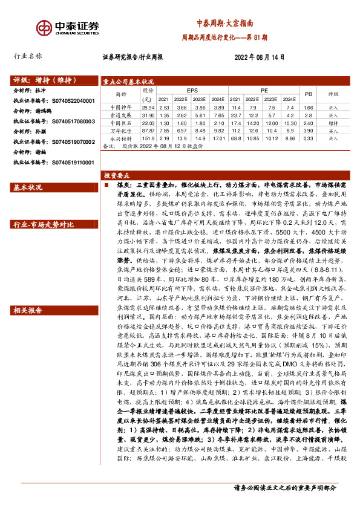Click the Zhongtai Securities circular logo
pyautogui.click(x=43, y=28)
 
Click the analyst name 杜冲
pyautogui.click(x=49, y=90)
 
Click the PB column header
pyautogui.click(x=308, y=94)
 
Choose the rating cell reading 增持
pyautogui.click(x=333, y=122)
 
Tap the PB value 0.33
pyautogui.click(x=308, y=138)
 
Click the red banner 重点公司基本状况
pyautogui.click(x=128, y=81)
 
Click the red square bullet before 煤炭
pyautogui.click(x=106, y=186)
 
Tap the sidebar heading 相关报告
pyautogui.click(x=27, y=310)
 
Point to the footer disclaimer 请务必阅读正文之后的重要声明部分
pyautogui.click(x=284, y=488)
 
